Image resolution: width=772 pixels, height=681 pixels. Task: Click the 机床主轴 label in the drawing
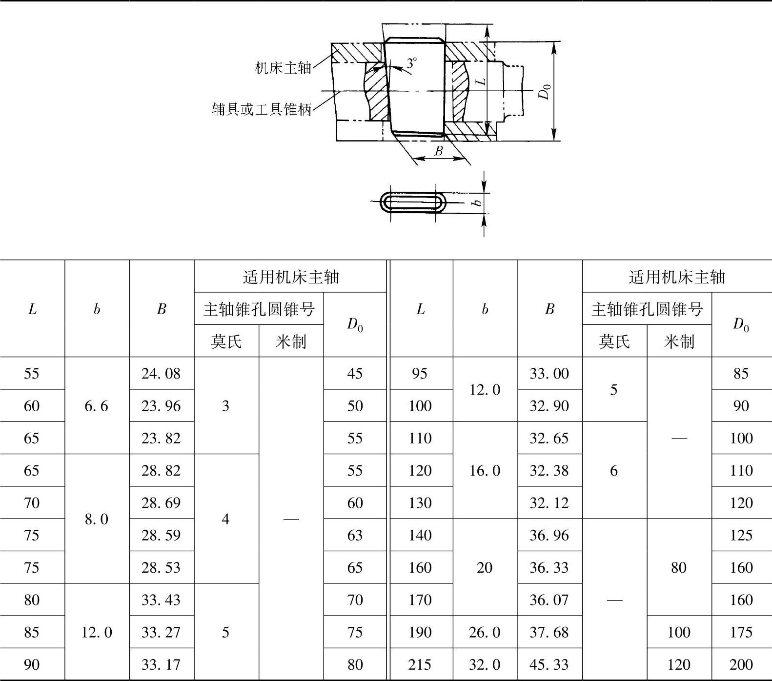[x=283, y=67]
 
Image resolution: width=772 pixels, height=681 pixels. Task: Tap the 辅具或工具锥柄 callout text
[x=262, y=109]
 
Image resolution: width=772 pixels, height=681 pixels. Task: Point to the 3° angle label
[x=412, y=63]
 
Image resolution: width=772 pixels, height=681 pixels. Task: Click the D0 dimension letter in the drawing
[x=545, y=91]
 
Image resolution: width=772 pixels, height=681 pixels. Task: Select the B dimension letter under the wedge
[x=438, y=151]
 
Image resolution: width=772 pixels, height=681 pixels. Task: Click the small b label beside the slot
[x=478, y=201]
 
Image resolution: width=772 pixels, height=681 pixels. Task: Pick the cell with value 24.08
[x=161, y=374]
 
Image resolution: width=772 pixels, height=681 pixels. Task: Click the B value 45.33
[x=549, y=664]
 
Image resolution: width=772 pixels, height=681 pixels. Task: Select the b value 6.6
[x=96, y=406]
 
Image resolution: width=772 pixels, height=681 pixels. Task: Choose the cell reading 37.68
[x=549, y=632]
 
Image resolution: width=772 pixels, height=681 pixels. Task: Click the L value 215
[x=420, y=664]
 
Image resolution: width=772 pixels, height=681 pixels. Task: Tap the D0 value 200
[x=741, y=664]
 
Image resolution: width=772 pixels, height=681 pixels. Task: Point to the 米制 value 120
[x=678, y=664]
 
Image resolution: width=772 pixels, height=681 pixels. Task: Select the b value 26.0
[x=485, y=632]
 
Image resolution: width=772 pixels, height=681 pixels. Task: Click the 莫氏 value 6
[x=614, y=470]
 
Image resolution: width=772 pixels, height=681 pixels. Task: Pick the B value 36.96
[x=549, y=535]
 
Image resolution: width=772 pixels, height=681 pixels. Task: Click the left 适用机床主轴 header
[x=290, y=277]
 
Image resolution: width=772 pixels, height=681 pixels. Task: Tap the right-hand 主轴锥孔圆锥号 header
[x=647, y=309]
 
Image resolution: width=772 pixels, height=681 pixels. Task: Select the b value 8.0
[x=96, y=519]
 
